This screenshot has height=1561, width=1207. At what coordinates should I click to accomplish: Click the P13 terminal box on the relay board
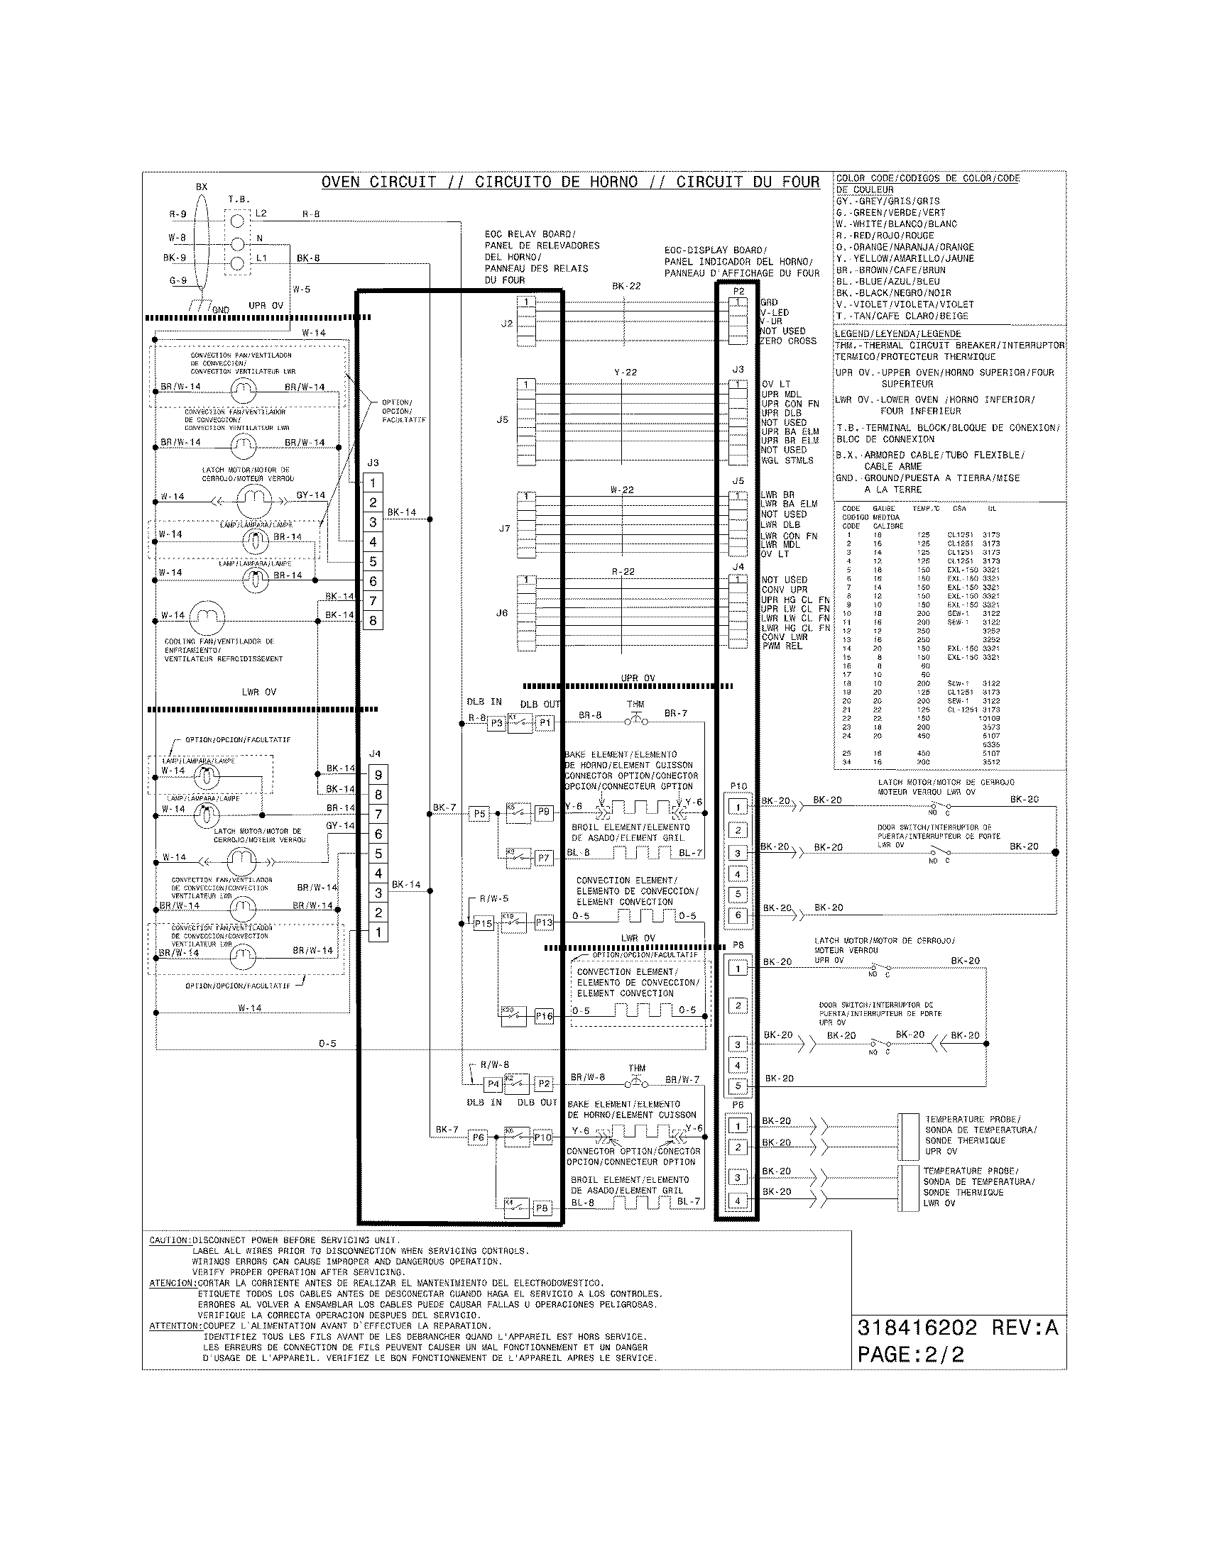[544, 922]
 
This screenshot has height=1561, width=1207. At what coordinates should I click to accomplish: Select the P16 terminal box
[544, 1015]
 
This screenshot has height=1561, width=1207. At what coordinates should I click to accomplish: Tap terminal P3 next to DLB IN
[496, 722]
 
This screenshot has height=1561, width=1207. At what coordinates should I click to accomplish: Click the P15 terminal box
[484, 923]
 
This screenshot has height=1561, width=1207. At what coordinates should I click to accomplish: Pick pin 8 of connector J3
[373, 620]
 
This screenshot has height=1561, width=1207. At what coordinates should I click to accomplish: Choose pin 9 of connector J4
[378, 775]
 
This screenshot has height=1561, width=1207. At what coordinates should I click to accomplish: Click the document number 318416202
[917, 1328]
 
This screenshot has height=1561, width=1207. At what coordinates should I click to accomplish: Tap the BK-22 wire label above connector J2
[626, 286]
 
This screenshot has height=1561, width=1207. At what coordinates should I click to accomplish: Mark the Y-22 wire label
[625, 373]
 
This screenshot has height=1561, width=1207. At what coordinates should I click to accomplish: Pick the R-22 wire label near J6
[623, 572]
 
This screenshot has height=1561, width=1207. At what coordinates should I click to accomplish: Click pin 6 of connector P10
[738, 915]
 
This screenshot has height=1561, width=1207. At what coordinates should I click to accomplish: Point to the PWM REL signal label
[782, 646]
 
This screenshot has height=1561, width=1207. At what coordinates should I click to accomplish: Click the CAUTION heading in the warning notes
[170, 1241]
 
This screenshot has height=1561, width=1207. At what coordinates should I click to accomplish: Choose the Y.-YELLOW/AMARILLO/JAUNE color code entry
[905, 259]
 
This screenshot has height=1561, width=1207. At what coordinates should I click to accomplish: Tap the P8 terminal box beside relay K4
[542, 1208]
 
